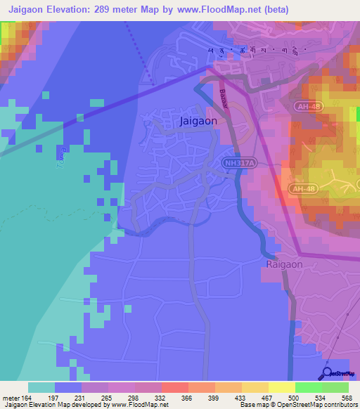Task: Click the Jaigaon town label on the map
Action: pyautogui.click(x=198, y=121)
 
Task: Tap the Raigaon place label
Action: pyautogui.click(x=284, y=264)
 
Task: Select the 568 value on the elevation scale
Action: pyautogui.click(x=345, y=398)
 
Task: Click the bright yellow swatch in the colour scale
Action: pyautogui.click(x=282, y=387)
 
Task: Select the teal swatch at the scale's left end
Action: pyautogui.click(x=41, y=387)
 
